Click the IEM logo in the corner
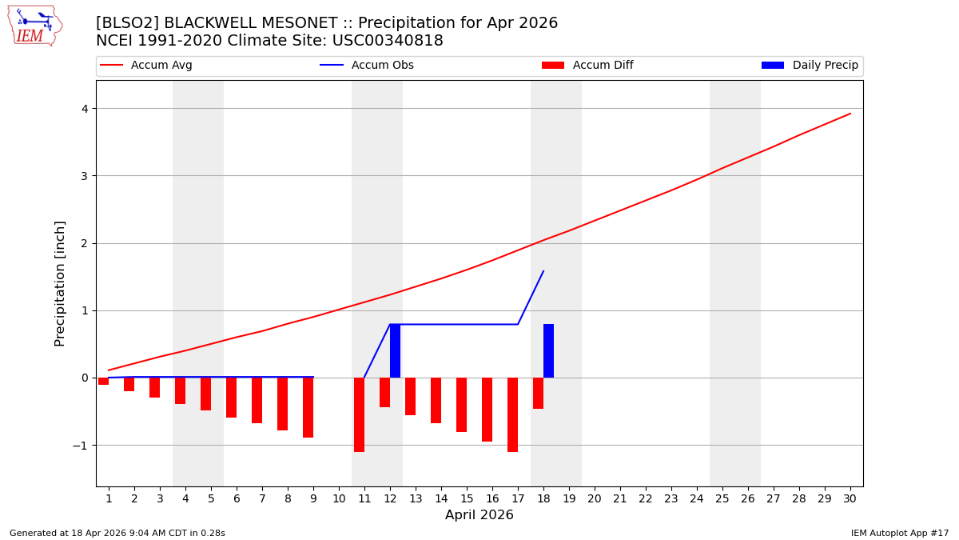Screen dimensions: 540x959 point(34,26)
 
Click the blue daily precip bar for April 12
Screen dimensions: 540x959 point(395,350)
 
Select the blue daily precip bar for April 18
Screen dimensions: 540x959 point(548,350)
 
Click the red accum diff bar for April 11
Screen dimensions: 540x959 point(359,414)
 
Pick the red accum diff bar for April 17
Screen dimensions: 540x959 point(512,414)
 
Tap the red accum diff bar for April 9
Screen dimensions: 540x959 point(308,407)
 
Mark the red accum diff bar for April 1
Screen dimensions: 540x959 point(103,381)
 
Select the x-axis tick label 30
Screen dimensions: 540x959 point(850,498)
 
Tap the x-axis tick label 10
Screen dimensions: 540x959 point(339,498)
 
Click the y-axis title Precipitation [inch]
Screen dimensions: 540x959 point(60,283)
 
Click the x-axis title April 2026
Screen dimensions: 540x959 point(479,515)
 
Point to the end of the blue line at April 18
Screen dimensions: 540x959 point(543,271)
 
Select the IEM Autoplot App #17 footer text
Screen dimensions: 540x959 point(899,533)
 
